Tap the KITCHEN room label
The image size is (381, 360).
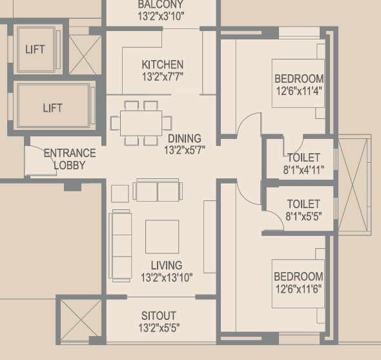[x=163, y=65]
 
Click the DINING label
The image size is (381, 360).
[x=184, y=138]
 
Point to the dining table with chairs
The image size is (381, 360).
[x=141, y=123]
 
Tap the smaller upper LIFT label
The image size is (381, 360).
[x=35, y=49]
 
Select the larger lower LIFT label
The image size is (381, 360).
[x=52, y=108]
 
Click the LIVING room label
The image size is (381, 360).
[x=167, y=265]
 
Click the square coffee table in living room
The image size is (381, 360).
[x=161, y=237]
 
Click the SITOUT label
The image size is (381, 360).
[x=158, y=316]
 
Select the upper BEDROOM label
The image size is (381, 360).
[x=298, y=79]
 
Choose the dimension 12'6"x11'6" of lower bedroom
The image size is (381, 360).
[x=298, y=288]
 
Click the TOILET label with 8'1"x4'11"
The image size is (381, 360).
[x=304, y=158]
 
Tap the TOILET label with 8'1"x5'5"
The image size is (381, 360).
[x=304, y=204]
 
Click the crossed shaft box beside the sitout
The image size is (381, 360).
[x=80, y=321]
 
